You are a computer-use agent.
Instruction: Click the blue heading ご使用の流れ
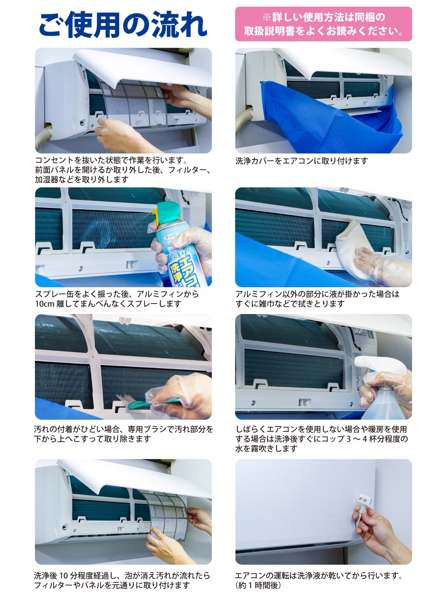click(123, 25)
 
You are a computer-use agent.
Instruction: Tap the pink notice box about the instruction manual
click(323, 24)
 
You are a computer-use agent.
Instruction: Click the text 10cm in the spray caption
click(45, 304)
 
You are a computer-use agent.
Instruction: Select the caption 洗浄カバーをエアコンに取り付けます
click(301, 161)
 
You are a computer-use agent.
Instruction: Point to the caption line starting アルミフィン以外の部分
click(317, 294)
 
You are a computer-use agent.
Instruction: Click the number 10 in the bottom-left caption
click(63, 576)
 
